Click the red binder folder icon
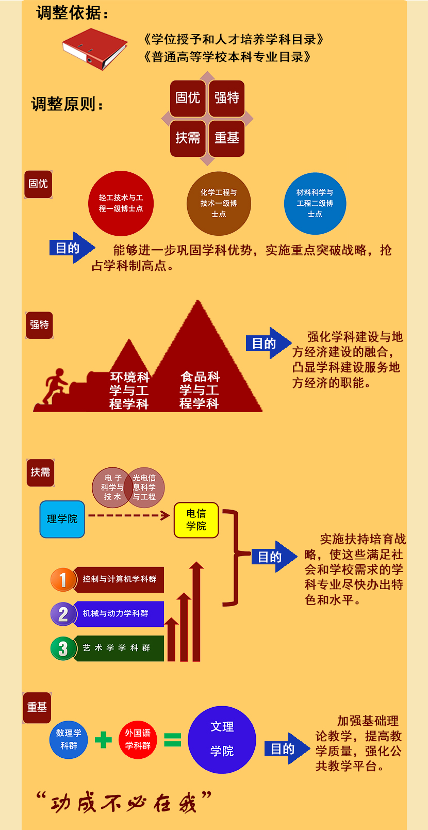[x=95, y=50]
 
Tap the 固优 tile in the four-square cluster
[x=188, y=97]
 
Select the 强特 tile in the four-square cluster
[x=226, y=97]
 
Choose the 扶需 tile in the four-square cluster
[x=188, y=138]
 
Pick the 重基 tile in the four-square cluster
[x=226, y=138]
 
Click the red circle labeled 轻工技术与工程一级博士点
[x=121, y=203]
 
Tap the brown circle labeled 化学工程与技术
[x=219, y=203]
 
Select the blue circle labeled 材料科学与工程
[x=315, y=203]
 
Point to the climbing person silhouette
[x=55, y=386]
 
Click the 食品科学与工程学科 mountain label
[x=200, y=390]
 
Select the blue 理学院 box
[x=62, y=519]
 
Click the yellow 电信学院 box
[x=196, y=520]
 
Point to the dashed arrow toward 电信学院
[x=129, y=515]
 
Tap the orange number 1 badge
[x=63, y=579]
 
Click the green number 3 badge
[x=63, y=648]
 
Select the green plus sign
[x=103, y=740]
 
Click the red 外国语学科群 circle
[x=138, y=740]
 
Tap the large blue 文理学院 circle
[x=222, y=740]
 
